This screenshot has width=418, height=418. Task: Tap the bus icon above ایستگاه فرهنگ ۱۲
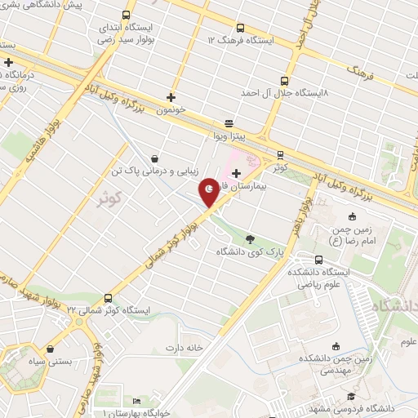238,27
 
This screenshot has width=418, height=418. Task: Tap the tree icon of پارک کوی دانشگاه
249,239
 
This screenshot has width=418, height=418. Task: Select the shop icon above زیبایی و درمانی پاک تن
155,158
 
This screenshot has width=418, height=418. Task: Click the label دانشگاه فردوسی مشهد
367,407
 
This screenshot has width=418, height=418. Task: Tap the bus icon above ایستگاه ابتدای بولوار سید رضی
125,16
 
